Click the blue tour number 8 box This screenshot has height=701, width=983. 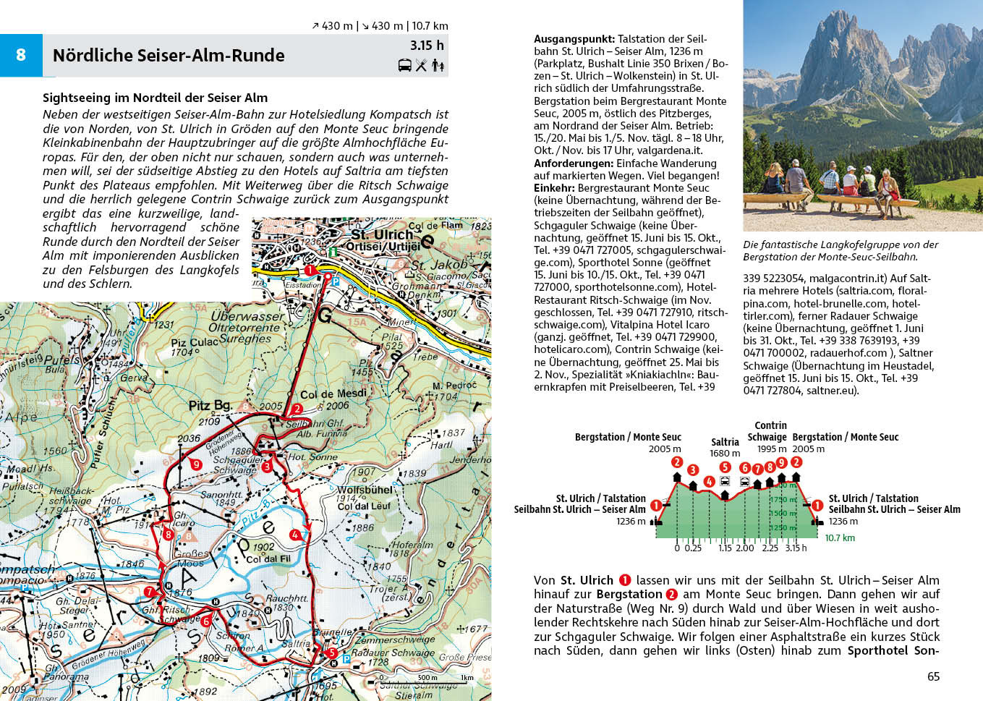coord(21,55)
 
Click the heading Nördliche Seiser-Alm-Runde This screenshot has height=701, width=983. coord(169,56)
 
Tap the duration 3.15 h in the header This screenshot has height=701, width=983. coord(427,46)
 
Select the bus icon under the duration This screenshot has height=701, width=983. coord(405,66)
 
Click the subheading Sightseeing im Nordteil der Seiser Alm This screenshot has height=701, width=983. coord(155,98)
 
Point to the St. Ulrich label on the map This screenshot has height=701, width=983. coord(382,234)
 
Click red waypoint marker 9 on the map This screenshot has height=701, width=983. coord(196,464)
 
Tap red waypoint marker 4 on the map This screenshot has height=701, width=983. coord(294,535)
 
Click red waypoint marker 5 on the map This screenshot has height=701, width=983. coord(331,653)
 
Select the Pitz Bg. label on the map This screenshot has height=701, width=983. coord(210,406)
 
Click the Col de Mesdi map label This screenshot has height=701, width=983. coord(333,394)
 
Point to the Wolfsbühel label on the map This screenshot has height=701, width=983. coord(365,490)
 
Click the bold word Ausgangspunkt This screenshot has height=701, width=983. coord(574,39)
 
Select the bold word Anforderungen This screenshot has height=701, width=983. coord(574,163)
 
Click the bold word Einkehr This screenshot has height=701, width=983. coord(554,188)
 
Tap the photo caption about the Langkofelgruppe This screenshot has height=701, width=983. coord(841,250)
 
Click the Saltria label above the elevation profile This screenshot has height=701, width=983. coord(725,442)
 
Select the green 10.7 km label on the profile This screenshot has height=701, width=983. coord(840,538)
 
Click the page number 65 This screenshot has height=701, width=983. coord(933,676)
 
